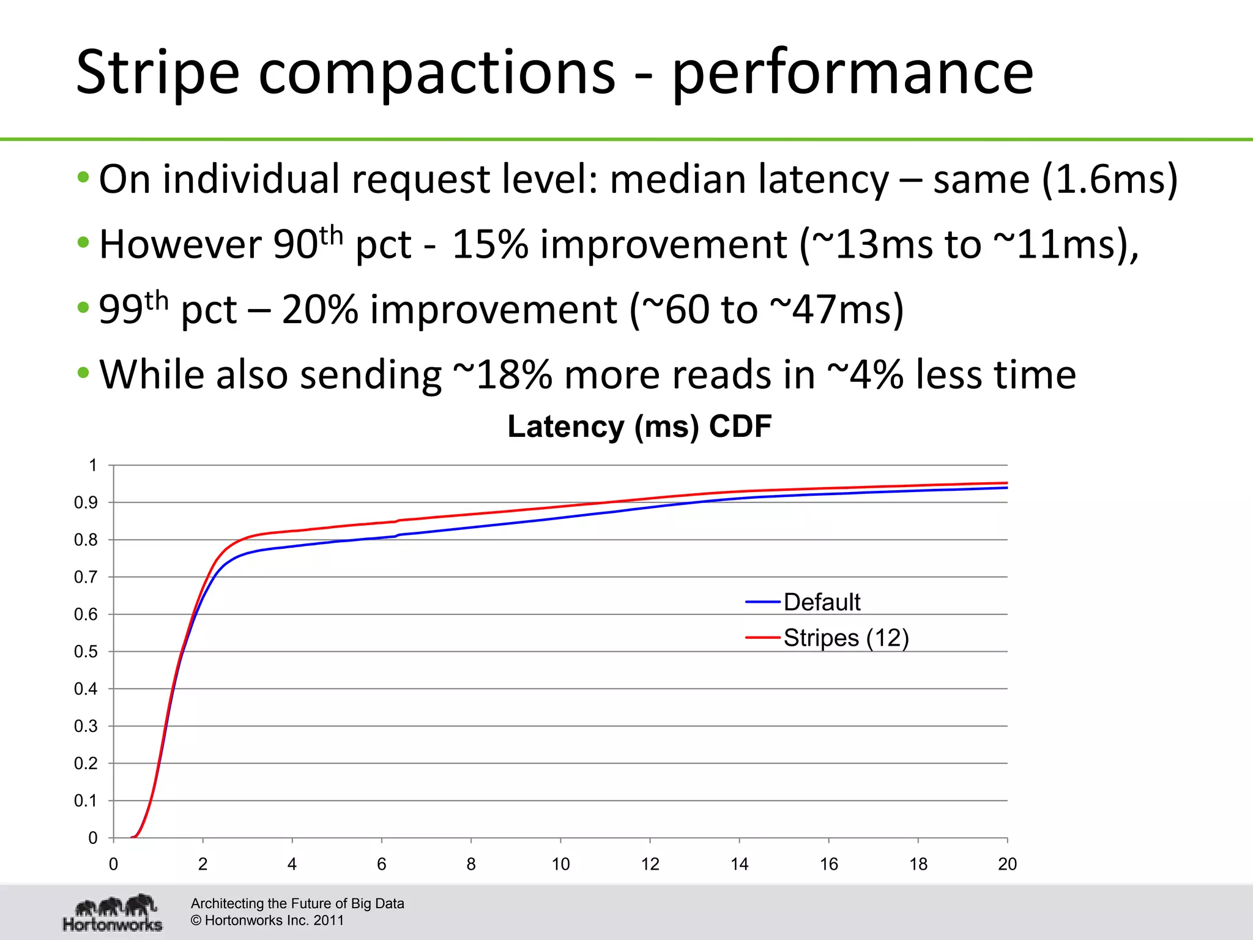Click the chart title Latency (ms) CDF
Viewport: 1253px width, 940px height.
639,427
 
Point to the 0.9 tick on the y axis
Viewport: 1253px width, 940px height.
86,503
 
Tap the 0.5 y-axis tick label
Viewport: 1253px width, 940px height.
86,652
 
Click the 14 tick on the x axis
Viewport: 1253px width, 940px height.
739,864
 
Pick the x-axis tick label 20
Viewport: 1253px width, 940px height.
1007,864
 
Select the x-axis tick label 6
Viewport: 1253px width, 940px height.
381,864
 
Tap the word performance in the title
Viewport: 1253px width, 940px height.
852,73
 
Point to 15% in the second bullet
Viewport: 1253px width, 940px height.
489,244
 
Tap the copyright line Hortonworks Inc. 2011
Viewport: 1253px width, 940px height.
267,920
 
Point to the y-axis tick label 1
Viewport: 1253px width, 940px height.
92,466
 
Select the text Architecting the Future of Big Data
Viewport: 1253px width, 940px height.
297,903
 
